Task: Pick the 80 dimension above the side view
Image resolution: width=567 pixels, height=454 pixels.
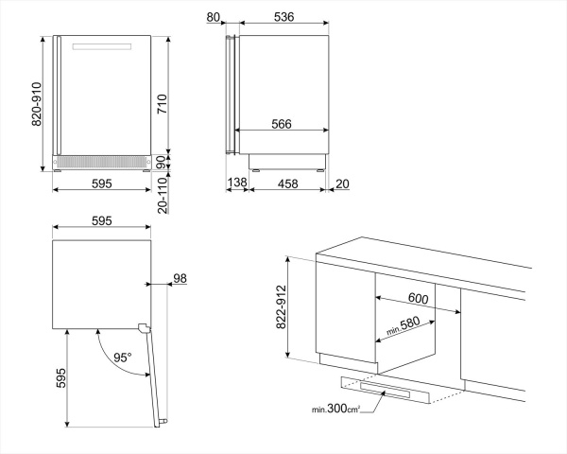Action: click(x=213, y=15)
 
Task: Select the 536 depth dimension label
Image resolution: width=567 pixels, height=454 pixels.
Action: click(x=283, y=15)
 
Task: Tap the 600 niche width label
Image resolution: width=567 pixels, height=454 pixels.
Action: click(x=419, y=299)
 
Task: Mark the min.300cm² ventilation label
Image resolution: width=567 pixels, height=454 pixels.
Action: click(x=336, y=410)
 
